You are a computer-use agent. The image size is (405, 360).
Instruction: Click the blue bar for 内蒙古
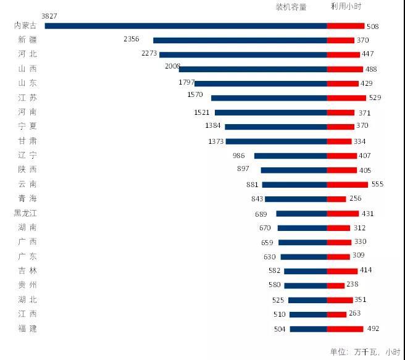pos(185,26)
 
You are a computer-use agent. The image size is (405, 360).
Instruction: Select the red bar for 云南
pos(347,185)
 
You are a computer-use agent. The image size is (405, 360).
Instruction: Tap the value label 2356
pos(132,39)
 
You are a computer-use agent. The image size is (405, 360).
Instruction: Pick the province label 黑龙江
pos(25,214)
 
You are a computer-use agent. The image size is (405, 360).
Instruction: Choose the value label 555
pos(378,185)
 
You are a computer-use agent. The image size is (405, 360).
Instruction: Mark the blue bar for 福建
pos(308,329)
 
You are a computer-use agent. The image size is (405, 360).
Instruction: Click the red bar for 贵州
pos(335,285)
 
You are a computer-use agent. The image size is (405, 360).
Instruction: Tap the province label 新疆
pos(28,40)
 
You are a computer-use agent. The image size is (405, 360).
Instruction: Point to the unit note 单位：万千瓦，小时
pos(364,352)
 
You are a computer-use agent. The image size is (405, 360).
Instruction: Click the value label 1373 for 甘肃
pos(216,141)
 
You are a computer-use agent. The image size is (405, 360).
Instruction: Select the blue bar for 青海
pos(296,199)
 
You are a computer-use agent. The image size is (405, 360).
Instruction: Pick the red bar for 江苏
pos(346,98)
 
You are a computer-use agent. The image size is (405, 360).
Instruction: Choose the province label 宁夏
pos(28,126)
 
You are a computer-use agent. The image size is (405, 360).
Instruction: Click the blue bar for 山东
pos(261,83)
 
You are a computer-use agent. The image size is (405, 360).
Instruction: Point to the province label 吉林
pos(28,270)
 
